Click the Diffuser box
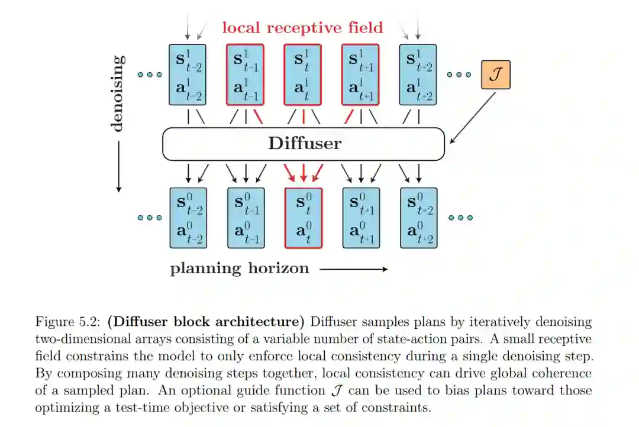click(x=304, y=144)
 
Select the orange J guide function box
click(x=495, y=75)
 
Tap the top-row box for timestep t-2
click(x=187, y=75)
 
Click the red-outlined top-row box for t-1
click(x=245, y=75)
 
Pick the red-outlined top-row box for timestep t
click(x=303, y=75)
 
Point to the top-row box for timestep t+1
click(x=360, y=75)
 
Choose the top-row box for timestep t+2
click(x=418, y=75)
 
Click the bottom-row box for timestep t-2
click(x=187, y=218)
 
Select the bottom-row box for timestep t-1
click(x=245, y=218)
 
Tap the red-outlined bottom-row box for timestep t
click(x=303, y=218)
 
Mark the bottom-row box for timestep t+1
click(x=360, y=218)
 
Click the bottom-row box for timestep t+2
click(x=418, y=218)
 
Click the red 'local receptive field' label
click(x=302, y=27)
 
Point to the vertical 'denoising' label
click(x=118, y=93)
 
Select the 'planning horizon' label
click(x=240, y=269)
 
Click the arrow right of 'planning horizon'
click(x=353, y=269)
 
